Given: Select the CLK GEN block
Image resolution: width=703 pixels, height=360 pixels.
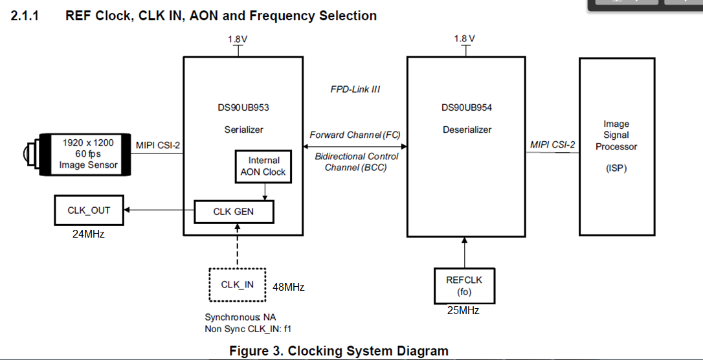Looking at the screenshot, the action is pyautogui.click(x=234, y=212).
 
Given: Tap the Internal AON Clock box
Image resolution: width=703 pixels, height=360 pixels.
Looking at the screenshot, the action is pyautogui.click(x=263, y=166).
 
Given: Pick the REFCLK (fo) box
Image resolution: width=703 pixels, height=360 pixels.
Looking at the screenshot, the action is pyautogui.click(x=464, y=286).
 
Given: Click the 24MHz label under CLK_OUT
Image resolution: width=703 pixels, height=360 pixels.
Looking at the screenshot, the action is pyautogui.click(x=88, y=234).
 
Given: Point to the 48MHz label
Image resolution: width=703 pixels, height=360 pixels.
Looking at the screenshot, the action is pyautogui.click(x=288, y=287).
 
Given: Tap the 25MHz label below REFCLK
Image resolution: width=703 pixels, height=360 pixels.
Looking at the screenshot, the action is pyautogui.click(x=463, y=310).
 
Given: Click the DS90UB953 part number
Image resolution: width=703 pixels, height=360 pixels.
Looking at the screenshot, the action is pyautogui.click(x=243, y=107).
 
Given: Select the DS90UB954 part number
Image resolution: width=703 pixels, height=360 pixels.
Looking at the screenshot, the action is pyautogui.click(x=467, y=107).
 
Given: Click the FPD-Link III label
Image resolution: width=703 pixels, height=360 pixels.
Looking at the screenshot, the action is pyautogui.click(x=355, y=89).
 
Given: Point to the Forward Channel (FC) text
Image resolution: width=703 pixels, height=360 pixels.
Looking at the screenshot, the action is pyautogui.click(x=355, y=135).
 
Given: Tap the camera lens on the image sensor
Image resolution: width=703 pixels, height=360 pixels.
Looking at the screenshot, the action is pyautogui.click(x=30, y=153).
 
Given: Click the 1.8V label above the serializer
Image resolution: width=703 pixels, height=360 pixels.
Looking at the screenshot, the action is pyautogui.click(x=238, y=39).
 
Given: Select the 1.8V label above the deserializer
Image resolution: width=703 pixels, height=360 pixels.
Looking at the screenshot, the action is pyautogui.click(x=465, y=39).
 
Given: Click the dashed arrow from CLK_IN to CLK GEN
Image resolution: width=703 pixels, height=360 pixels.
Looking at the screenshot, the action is pyautogui.click(x=238, y=245).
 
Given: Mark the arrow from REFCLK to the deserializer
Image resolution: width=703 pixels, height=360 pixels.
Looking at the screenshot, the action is pyautogui.click(x=465, y=253).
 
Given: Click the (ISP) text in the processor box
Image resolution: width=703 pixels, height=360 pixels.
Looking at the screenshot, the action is pyautogui.click(x=616, y=168).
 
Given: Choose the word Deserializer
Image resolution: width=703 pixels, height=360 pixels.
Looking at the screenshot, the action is pyautogui.click(x=467, y=129).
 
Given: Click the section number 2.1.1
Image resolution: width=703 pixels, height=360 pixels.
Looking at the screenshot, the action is pyautogui.click(x=25, y=16).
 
